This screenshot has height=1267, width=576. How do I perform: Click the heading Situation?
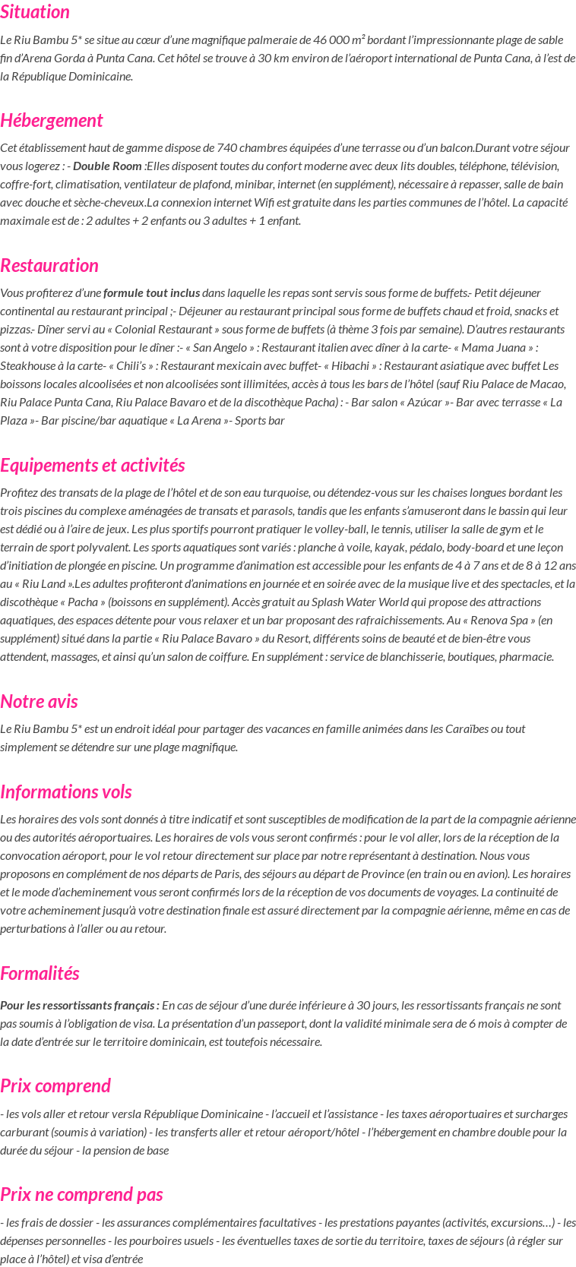coord(35,12)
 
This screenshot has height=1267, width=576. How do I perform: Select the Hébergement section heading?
coord(52,121)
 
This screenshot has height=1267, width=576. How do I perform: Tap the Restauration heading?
coord(49,266)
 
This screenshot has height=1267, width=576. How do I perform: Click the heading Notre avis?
coord(39,702)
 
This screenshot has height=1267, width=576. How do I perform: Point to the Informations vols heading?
coord(66,792)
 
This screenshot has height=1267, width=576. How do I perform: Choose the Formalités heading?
coord(40,974)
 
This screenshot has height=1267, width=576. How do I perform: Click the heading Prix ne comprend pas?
coord(81,1195)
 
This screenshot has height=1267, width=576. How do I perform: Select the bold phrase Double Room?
coord(107,166)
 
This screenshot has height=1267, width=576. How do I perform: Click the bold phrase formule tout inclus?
coord(152,293)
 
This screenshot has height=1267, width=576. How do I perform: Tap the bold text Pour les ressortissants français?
coord(79,1006)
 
